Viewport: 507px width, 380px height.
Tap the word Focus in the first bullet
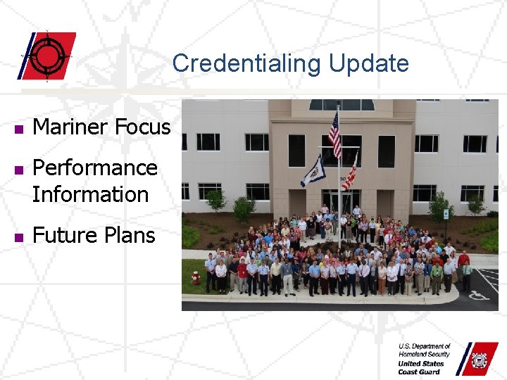tap(144, 127)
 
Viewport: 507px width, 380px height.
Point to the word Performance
tap(95, 167)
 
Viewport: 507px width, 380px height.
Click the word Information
tap(90, 194)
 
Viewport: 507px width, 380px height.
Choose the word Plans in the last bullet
tap(130, 235)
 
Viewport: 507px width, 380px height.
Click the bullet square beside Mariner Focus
tap(18, 129)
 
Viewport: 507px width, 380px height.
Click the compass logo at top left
tap(48, 55)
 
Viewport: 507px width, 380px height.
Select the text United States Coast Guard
tap(422, 367)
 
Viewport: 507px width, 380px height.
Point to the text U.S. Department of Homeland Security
tap(424, 350)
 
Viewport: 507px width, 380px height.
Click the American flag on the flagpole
tap(334, 134)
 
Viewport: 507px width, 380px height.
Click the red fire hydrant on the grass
tap(196, 277)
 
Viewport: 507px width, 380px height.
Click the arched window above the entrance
tap(342, 104)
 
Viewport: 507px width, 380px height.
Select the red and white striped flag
tap(349, 173)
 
